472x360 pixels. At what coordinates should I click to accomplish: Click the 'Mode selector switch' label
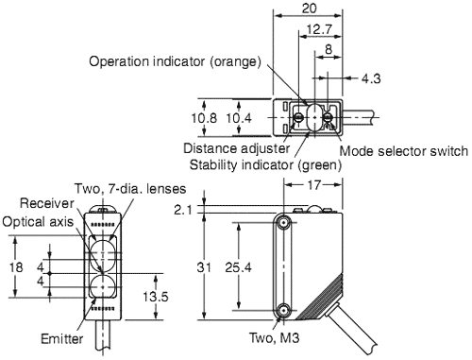(403, 150)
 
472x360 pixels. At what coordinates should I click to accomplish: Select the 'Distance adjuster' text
(233, 149)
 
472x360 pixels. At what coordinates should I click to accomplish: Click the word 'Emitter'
(62, 337)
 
